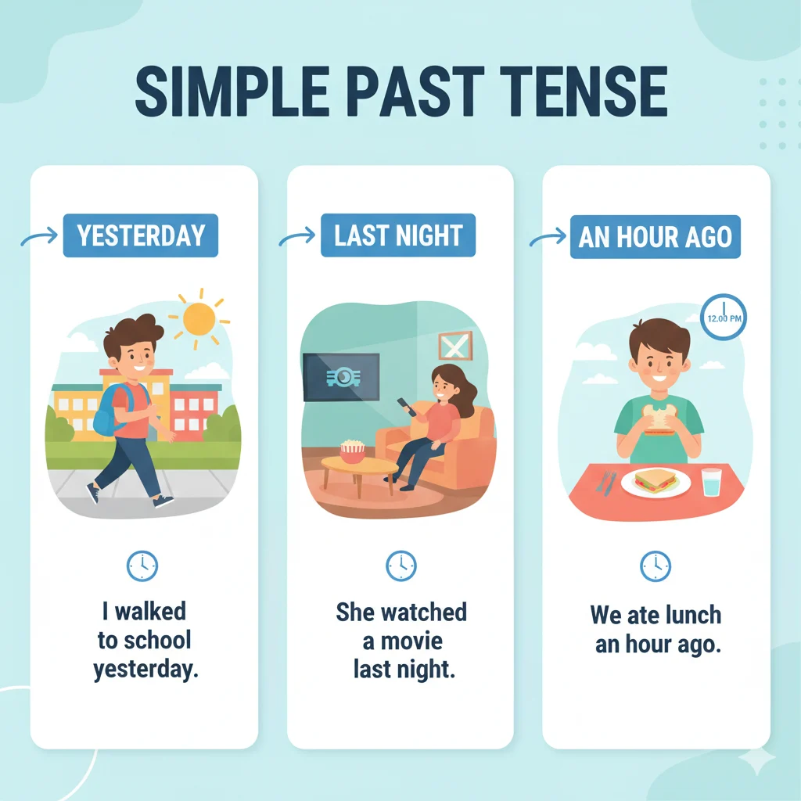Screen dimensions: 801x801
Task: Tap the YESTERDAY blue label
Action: [141, 235]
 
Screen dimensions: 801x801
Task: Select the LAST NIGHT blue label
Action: [398, 235]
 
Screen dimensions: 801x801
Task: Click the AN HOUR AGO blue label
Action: [656, 237]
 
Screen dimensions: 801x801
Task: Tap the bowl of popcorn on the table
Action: [353, 451]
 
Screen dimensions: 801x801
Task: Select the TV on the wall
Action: [341, 378]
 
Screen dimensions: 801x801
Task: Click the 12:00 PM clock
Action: [724, 317]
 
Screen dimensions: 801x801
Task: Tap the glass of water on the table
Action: [712, 482]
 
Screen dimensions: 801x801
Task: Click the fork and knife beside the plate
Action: [605, 482]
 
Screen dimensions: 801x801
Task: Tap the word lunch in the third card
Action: [688, 615]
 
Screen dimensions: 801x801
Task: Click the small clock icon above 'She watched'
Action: [401, 565]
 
